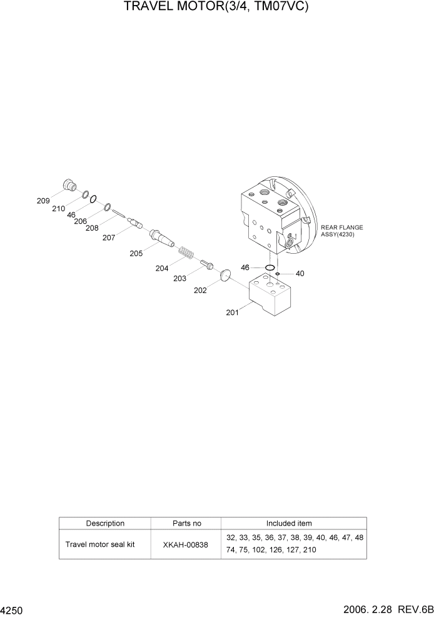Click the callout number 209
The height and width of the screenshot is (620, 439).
[x=43, y=201]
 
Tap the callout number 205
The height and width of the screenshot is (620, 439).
[x=136, y=253]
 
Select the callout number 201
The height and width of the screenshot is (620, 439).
[x=232, y=313]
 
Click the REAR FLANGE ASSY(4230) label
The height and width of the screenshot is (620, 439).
[x=341, y=231]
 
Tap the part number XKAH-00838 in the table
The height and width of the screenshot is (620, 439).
[x=186, y=544]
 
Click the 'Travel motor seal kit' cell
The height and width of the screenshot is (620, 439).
[x=100, y=544]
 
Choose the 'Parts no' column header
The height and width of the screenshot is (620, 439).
[x=186, y=523]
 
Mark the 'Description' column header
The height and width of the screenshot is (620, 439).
[x=105, y=523]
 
